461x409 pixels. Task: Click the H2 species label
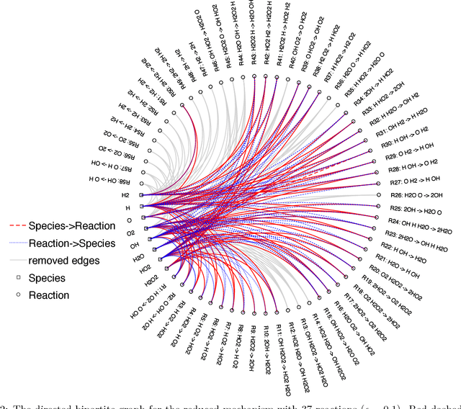(125, 195)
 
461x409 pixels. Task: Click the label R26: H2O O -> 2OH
(419, 194)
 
